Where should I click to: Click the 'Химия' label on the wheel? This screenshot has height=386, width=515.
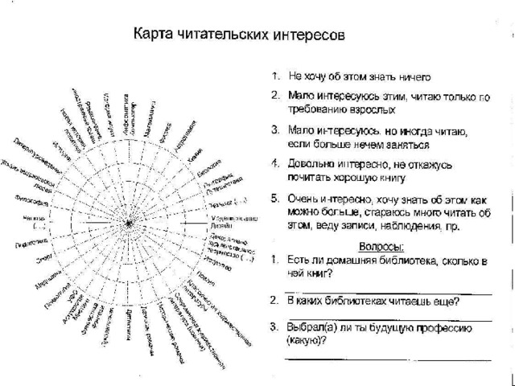(x=193, y=153)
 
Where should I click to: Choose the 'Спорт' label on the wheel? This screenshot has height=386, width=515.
(x=43, y=259)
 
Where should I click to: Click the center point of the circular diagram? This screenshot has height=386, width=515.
(x=129, y=221)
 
